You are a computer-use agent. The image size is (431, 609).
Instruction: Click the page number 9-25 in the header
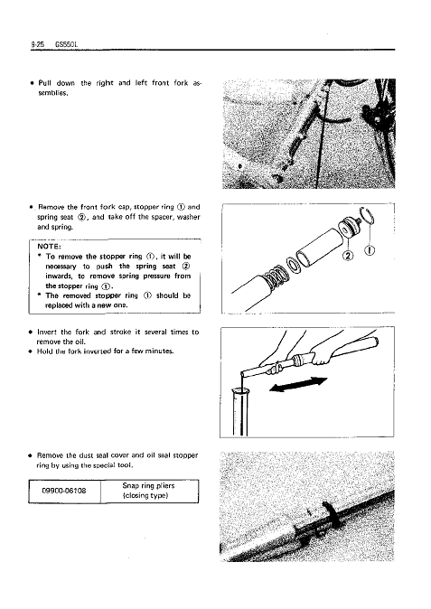pos(37,44)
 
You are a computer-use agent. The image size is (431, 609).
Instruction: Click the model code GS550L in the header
pos(66,44)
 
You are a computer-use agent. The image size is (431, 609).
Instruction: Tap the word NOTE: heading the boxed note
pos(50,247)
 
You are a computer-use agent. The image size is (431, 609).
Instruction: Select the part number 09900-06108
pos(63,491)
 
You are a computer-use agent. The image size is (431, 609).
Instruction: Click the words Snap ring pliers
pos(148,486)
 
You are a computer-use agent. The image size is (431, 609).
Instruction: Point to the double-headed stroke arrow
pos(298,384)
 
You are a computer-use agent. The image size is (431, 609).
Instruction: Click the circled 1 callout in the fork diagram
pos(370,251)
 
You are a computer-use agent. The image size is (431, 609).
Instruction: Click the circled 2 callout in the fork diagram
pos(348,256)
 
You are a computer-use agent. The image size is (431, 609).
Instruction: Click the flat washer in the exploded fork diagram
pos(293,265)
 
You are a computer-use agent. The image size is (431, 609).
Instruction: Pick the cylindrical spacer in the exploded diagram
pos(321,248)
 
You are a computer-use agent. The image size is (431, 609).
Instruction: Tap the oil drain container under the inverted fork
pos(240,412)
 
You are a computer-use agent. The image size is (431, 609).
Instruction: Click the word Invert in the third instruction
pos(47,333)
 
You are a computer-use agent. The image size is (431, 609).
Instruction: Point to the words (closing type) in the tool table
pos(145,495)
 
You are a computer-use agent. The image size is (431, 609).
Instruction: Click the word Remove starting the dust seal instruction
pos(50,455)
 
